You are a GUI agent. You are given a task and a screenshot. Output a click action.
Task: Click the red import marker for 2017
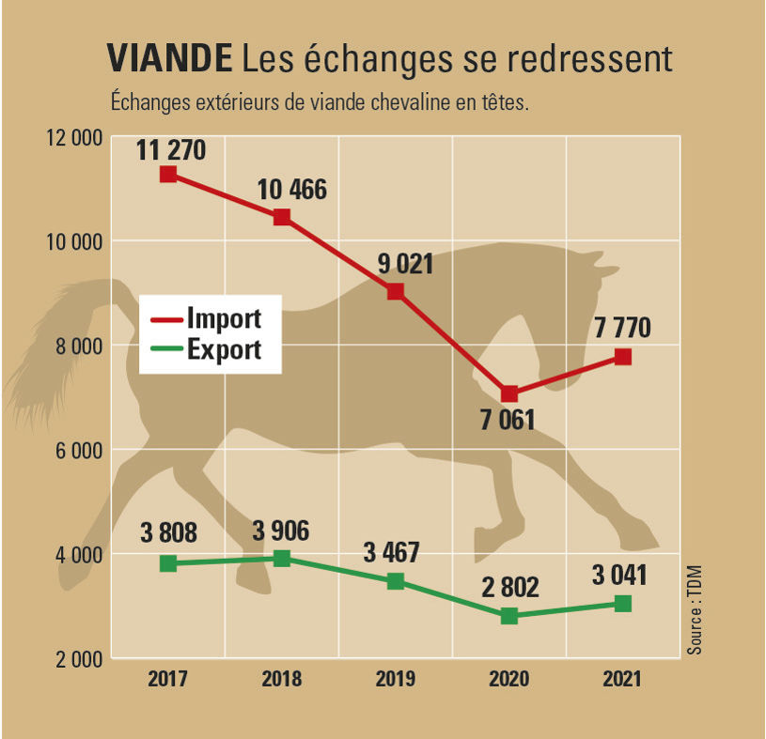click(168, 175)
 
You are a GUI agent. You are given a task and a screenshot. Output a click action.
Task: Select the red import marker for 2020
click(509, 393)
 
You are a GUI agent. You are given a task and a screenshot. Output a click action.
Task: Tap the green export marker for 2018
click(282, 558)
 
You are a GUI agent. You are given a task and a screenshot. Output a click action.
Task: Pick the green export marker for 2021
click(623, 604)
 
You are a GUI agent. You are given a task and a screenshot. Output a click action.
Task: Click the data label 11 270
click(171, 150)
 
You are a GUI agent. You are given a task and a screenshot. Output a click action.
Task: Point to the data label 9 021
click(405, 264)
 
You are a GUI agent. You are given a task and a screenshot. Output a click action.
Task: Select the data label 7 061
click(508, 420)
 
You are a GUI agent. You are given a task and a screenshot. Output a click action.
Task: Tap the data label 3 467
click(391, 552)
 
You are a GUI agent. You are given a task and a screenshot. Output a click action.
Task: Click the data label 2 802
click(510, 587)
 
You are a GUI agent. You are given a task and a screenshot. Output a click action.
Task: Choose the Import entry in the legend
click(206, 318)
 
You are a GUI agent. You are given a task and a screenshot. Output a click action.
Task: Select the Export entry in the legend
click(206, 349)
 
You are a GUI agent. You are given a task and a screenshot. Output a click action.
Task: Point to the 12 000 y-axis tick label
click(75, 138)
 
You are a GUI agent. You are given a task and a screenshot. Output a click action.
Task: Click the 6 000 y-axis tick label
click(79, 450)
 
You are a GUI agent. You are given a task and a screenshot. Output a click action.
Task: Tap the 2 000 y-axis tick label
click(79, 659)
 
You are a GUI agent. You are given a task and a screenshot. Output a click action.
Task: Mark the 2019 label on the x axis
click(395, 679)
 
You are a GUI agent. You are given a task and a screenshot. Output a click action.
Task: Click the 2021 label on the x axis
click(622, 679)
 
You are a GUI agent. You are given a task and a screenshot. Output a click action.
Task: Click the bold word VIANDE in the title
click(169, 58)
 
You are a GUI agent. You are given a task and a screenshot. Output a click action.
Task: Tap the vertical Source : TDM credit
click(695, 610)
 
